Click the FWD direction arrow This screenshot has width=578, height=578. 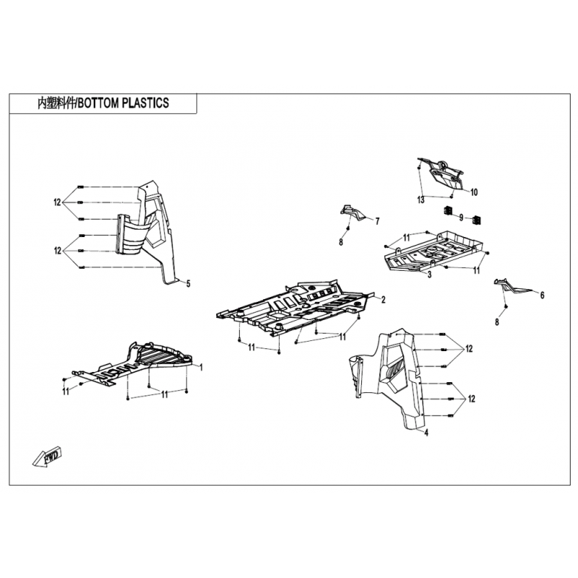pyautogui.click(x=47, y=457)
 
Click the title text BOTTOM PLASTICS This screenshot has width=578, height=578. pyautogui.click(x=124, y=103)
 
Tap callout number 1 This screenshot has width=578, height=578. pyautogui.click(x=202, y=367)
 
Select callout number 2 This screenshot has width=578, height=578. pyautogui.click(x=384, y=300)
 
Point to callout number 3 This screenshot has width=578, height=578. pyautogui.click(x=429, y=275)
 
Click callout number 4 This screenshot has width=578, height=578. pyautogui.click(x=426, y=432)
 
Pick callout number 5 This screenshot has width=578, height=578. pyautogui.click(x=189, y=284)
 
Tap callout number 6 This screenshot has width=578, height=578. pyautogui.click(x=543, y=296)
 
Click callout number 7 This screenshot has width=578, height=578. pyautogui.click(x=377, y=222)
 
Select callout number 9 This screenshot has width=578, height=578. pyautogui.click(x=461, y=218)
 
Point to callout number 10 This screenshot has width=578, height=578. pyautogui.click(x=474, y=192)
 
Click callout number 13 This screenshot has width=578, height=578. pyautogui.click(x=420, y=200)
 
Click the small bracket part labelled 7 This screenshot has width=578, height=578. pyautogui.click(x=352, y=212)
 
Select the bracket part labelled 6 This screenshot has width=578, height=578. pyautogui.click(x=512, y=285)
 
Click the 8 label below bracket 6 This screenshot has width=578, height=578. pyautogui.click(x=497, y=322)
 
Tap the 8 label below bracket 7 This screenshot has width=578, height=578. pyautogui.click(x=341, y=242)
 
